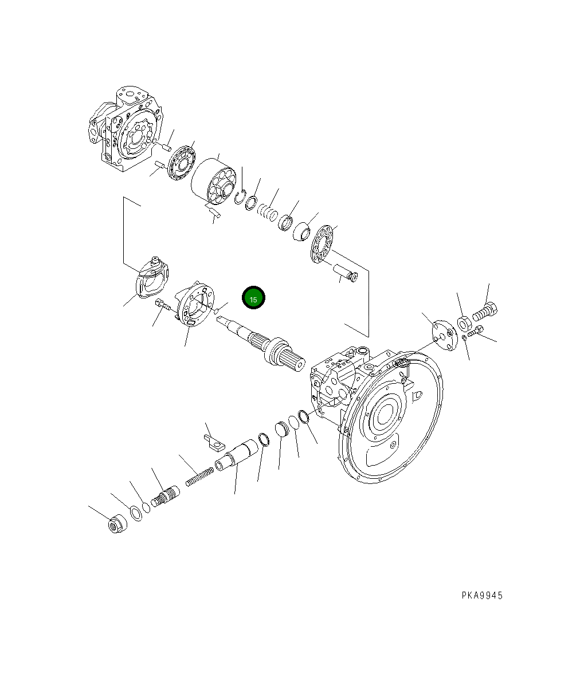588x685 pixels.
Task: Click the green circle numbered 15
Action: click(x=253, y=298)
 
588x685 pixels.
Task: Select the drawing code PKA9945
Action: click(x=482, y=596)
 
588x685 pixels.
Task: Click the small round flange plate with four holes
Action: click(x=442, y=332)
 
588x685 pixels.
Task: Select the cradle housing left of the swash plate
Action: click(x=151, y=278)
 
